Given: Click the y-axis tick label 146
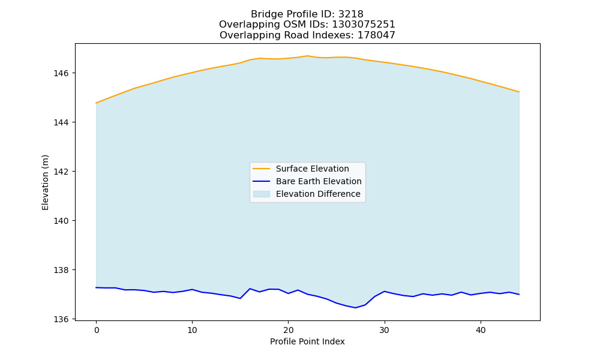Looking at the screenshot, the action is pyautogui.click(x=61, y=73).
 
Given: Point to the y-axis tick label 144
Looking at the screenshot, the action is pyautogui.click(x=61, y=122).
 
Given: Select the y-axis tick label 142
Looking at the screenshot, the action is pyautogui.click(x=61, y=172).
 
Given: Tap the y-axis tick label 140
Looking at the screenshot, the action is pyautogui.click(x=61, y=221).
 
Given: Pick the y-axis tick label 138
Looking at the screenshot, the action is pyautogui.click(x=61, y=270).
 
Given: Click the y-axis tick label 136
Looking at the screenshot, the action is pyautogui.click(x=61, y=319).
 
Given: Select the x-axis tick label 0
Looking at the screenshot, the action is pyautogui.click(x=97, y=330).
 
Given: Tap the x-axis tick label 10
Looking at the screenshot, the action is pyautogui.click(x=192, y=330).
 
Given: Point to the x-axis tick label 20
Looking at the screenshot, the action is pyautogui.click(x=288, y=330).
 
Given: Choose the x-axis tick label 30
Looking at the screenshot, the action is pyautogui.click(x=384, y=330).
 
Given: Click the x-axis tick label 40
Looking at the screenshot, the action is pyautogui.click(x=481, y=330).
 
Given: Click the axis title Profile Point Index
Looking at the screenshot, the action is pyautogui.click(x=307, y=341).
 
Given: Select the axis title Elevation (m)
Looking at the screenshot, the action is pyautogui.click(x=45, y=182).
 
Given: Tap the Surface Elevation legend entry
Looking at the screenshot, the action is pyautogui.click(x=301, y=169).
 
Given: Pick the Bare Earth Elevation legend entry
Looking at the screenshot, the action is pyautogui.click(x=307, y=181).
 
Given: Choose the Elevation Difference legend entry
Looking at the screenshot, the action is pyautogui.click(x=307, y=194).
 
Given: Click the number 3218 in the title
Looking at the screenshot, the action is pyautogui.click(x=350, y=14).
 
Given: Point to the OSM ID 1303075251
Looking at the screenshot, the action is pyautogui.click(x=363, y=25).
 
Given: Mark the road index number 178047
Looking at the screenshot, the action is pyautogui.click(x=376, y=35).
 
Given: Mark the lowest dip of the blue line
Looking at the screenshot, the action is pyautogui.click(x=355, y=308).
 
